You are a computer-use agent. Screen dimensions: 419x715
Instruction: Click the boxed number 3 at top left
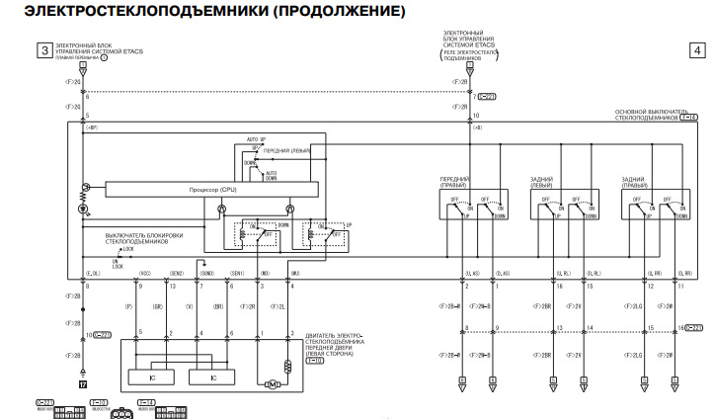tap(43, 49)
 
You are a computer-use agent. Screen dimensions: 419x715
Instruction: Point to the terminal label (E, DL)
tap(93, 272)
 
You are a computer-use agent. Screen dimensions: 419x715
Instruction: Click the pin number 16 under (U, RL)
tap(559, 286)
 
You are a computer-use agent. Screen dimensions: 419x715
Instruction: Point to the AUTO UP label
tap(256, 139)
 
